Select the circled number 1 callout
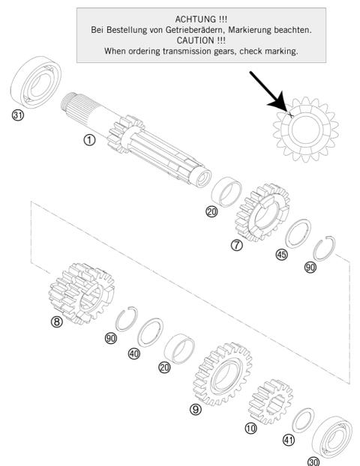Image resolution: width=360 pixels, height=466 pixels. (90, 140)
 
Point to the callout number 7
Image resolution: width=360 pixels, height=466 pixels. (237, 246)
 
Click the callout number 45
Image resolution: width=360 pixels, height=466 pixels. (282, 254)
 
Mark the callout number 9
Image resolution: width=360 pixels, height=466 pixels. (195, 410)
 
